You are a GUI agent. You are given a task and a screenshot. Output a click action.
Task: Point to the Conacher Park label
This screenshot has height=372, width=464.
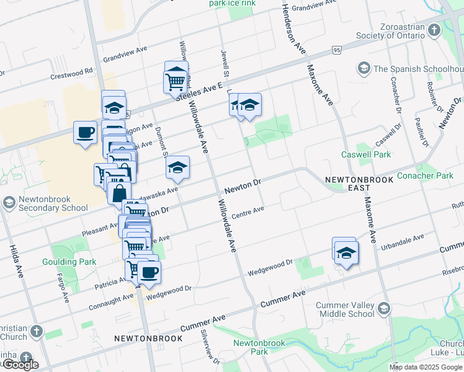(x=425, y=175)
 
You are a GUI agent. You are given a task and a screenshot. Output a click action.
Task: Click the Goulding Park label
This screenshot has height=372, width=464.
(x=73, y=262)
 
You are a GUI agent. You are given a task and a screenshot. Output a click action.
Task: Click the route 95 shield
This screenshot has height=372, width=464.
(x=337, y=49)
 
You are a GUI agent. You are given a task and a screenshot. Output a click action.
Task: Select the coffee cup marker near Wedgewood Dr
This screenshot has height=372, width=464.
(x=148, y=272)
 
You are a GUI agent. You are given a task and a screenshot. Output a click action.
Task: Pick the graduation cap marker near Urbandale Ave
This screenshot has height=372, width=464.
(x=347, y=252)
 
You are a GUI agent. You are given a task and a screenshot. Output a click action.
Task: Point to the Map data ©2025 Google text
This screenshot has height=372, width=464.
(x=426, y=367)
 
